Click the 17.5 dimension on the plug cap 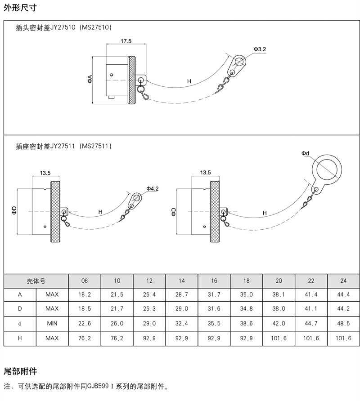point(126,41)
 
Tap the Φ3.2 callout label point(260,49)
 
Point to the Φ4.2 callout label point(153,189)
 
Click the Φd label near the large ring point(306,153)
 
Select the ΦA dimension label point(90,80)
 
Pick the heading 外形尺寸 point(20,8)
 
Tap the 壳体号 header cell point(36,281)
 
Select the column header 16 point(214,281)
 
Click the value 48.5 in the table point(343,324)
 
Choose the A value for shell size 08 point(85,294)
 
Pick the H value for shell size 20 point(279,339)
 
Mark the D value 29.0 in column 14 point(182,309)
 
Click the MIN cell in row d point(52,324)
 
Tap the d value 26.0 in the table point(117,324)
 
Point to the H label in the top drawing point(189,81)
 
